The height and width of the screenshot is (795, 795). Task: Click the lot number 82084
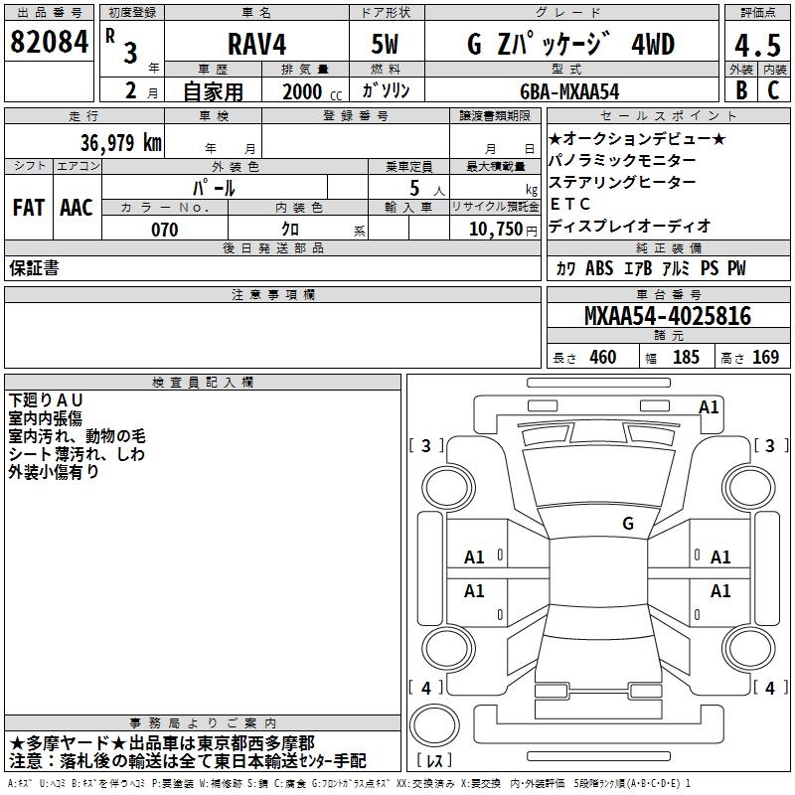pyautogui.click(x=49, y=42)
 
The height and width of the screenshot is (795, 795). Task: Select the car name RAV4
pyautogui.click(x=257, y=44)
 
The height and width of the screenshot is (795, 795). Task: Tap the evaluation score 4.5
pyautogui.click(x=757, y=45)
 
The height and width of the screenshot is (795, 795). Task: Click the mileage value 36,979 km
pyautogui.click(x=121, y=142)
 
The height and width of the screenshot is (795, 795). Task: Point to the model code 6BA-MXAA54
pyautogui.click(x=569, y=91)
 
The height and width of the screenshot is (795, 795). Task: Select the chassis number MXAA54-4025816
pyautogui.click(x=668, y=316)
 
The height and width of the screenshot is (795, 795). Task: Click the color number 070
pyautogui.click(x=165, y=230)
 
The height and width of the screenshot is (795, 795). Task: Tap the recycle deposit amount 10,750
pyautogui.click(x=496, y=229)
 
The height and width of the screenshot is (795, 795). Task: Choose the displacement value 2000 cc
pyautogui.click(x=312, y=91)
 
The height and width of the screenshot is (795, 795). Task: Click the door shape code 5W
pyautogui.click(x=385, y=44)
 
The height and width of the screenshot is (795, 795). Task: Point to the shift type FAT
pyautogui.click(x=29, y=208)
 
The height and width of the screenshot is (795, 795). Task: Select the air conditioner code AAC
pyautogui.click(x=77, y=208)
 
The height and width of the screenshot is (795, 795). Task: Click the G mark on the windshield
pyautogui.click(x=628, y=523)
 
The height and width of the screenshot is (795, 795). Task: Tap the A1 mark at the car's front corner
pyautogui.click(x=709, y=406)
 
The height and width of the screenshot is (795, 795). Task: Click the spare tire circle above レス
pyautogui.click(x=434, y=724)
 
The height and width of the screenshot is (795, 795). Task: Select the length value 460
pyautogui.click(x=603, y=357)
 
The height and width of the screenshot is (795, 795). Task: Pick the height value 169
pyautogui.click(x=765, y=357)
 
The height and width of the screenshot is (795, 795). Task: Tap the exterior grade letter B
pyautogui.click(x=741, y=90)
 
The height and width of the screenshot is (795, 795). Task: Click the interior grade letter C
pyautogui.click(x=773, y=90)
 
